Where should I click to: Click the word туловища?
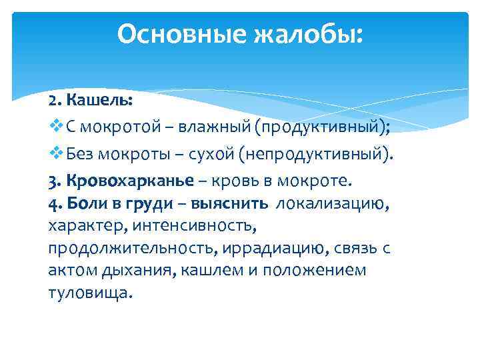coord(90,293)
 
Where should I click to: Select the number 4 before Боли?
coord(53,204)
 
